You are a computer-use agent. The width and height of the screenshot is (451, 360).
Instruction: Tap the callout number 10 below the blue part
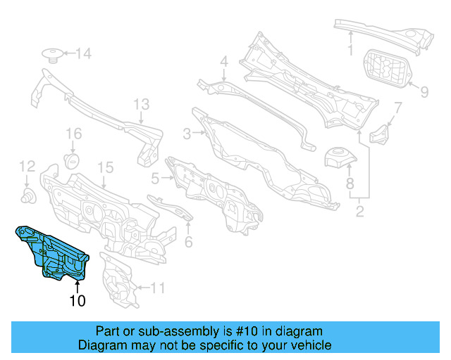tap(77, 302)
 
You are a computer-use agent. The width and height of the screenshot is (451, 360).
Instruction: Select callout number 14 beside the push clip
tap(83, 53)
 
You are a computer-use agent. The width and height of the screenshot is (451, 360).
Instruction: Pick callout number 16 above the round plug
tap(74, 134)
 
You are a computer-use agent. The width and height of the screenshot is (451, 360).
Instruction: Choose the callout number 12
tap(27, 167)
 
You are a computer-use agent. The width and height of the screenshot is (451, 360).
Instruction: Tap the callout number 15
tap(105, 167)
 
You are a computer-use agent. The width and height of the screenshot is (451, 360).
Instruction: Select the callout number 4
tap(223, 62)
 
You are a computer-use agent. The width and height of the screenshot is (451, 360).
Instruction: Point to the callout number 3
tap(187, 134)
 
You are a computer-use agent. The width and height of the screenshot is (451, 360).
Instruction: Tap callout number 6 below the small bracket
tap(188, 242)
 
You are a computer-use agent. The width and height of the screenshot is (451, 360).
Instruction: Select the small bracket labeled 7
tap(381, 133)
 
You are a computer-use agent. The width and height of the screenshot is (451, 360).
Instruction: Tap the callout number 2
tap(359, 210)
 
